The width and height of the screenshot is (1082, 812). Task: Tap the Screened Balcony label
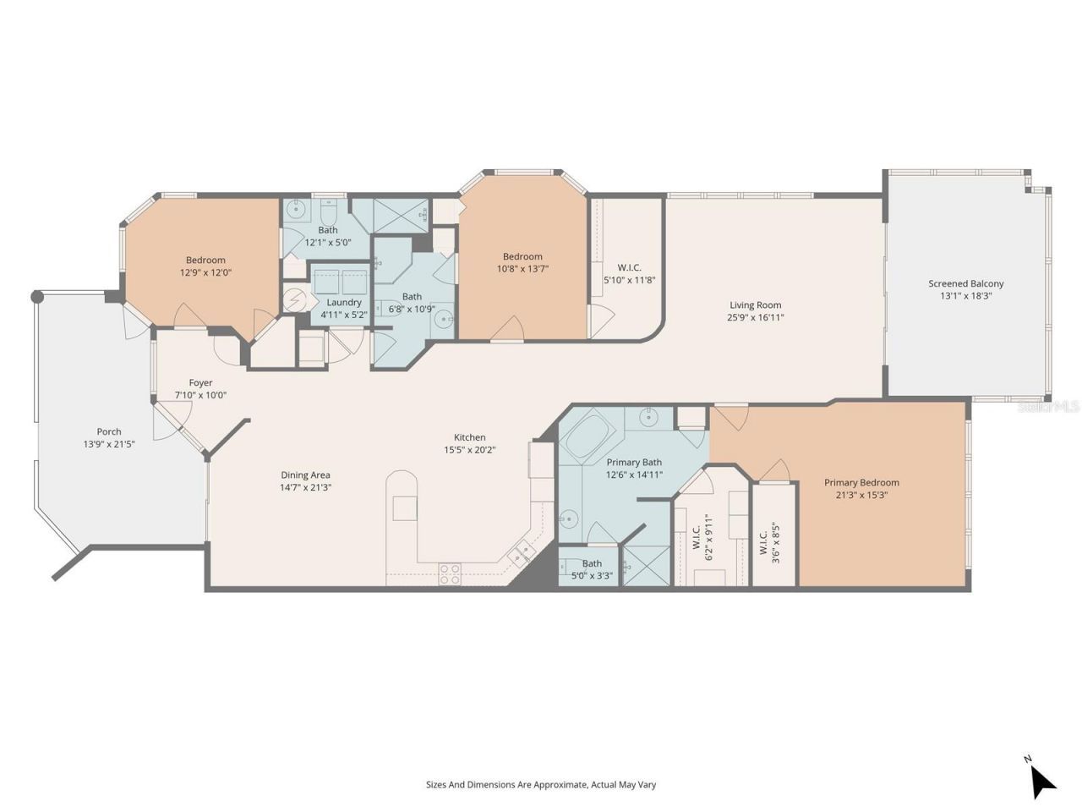tap(965, 283)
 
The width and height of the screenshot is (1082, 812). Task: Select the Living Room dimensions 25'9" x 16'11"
tap(755, 318)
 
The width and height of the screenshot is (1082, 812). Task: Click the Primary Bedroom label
tap(861, 482)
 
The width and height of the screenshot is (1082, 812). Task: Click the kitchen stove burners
tap(450, 574)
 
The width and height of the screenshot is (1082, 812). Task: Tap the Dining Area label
tap(305, 475)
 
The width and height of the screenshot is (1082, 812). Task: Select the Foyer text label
tap(200, 382)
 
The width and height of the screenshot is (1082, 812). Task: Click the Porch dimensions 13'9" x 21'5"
tap(109, 444)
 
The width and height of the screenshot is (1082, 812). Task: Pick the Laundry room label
tap(343, 302)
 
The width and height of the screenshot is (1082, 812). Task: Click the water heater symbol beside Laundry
tap(295, 300)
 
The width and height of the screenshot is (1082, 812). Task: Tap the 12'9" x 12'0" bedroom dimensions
tap(205, 272)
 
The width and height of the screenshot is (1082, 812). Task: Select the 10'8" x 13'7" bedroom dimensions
tap(522, 269)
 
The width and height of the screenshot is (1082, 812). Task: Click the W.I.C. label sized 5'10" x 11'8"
tap(629, 267)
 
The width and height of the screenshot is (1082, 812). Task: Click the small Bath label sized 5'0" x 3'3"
tap(592, 563)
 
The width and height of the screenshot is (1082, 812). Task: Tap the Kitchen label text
tap(469, 436)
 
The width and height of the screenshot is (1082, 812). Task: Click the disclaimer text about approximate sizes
tap(540, 784)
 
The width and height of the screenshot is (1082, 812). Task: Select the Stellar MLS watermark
tap(1048, 407)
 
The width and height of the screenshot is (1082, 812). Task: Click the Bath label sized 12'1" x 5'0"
tap(327, 229)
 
